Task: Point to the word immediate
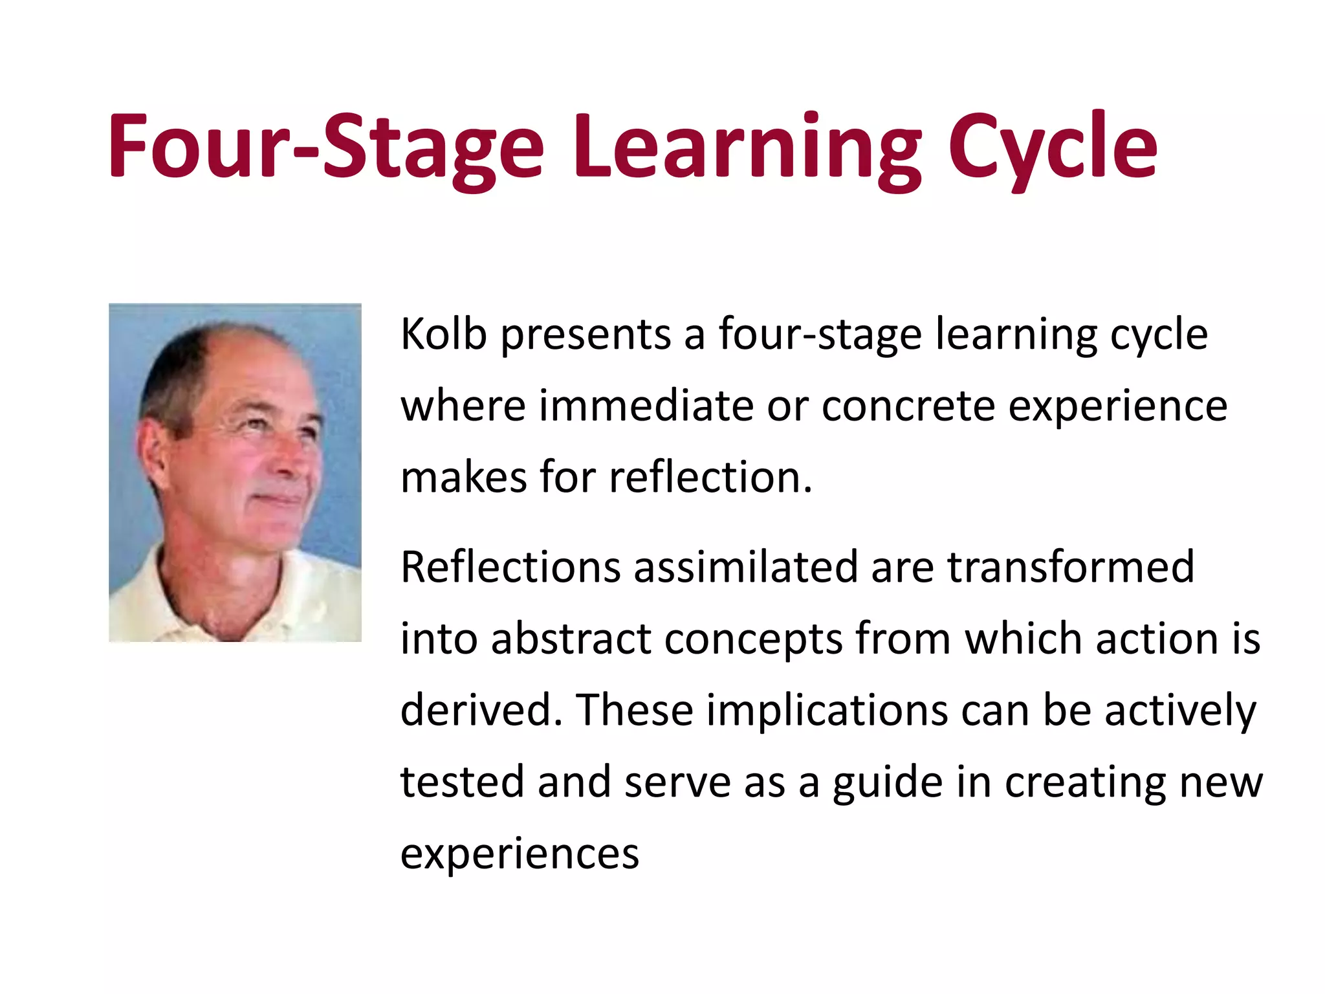point(646,406)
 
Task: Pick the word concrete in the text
point(908,406)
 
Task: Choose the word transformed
point(1071,567)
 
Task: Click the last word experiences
point(520,853)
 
